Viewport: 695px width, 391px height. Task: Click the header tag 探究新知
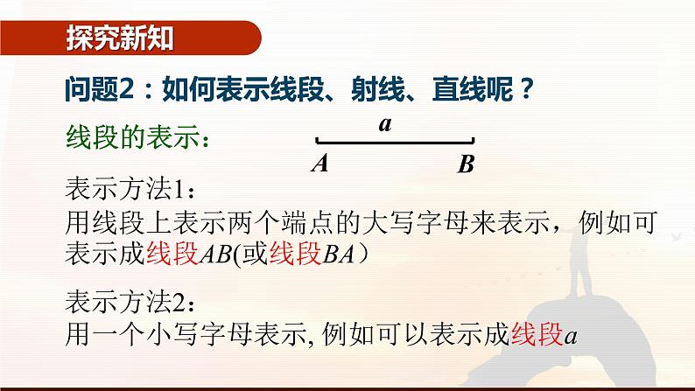pyautogui.click(x=120, y=38)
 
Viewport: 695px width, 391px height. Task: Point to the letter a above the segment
pyautogui.click(x=385, y=124)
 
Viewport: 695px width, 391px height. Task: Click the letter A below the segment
pyautogui.click(x=319, y=164)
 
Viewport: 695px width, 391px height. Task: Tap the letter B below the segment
pyautogui.click(x=466, y=164)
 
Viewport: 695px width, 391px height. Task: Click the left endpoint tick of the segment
pyautogui.click(x=317, y=140)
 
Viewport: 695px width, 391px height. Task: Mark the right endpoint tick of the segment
pyautogui.click(x=474, y=140)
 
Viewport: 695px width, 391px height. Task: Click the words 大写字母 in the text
pyautogui.click(x=413, y=221)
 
